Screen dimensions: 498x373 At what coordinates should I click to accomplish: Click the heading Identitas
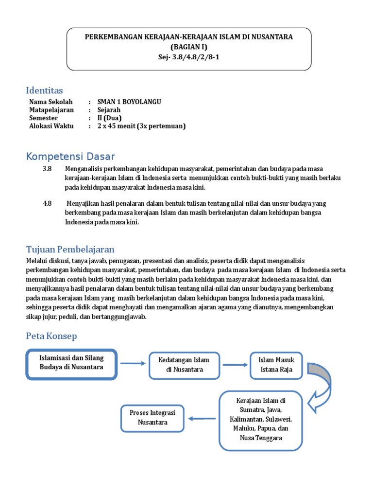coord(44,90)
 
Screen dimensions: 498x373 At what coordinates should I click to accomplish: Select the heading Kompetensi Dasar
coord(70,157)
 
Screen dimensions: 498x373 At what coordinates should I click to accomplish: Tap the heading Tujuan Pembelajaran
coord(70,249)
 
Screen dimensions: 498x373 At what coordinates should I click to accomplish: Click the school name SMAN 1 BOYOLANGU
coord(129,102)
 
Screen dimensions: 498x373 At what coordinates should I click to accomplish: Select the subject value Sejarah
coord(109,110)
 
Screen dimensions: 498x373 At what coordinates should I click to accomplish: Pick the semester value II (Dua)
coord(109,118)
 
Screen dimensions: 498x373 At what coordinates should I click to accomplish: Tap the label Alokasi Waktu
coord(51,126)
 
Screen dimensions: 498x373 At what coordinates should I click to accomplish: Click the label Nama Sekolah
coord(51,102)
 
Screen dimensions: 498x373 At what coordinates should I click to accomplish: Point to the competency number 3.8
coord(47,168)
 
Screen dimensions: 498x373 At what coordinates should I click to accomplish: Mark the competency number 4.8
coord(47,203)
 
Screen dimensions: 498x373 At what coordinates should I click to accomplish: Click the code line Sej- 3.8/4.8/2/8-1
coord(189,56)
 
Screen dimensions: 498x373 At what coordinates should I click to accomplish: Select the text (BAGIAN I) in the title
coord(189,47)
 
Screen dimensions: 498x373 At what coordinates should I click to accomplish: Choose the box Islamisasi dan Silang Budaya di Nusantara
coord(71,363)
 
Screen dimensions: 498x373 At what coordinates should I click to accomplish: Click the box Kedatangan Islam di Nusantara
coord(184,365)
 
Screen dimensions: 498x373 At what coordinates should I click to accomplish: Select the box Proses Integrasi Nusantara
coord(153,418)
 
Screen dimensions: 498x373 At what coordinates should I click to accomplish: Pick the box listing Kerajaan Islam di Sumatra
coord(261,419)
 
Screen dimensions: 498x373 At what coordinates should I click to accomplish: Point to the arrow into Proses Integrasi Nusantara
coord(202,418)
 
